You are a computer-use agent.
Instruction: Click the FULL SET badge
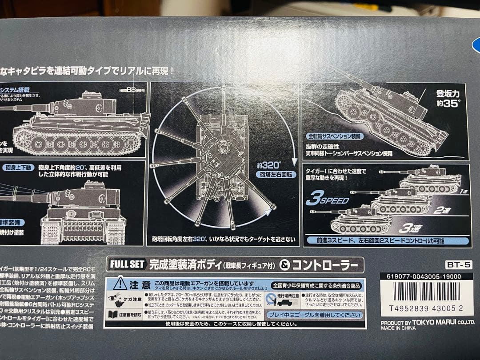126,264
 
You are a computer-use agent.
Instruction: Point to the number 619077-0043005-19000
423,276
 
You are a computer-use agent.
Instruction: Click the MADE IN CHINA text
398,328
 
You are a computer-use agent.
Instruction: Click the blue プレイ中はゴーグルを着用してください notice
315,315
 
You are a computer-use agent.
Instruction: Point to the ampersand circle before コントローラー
286,265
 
